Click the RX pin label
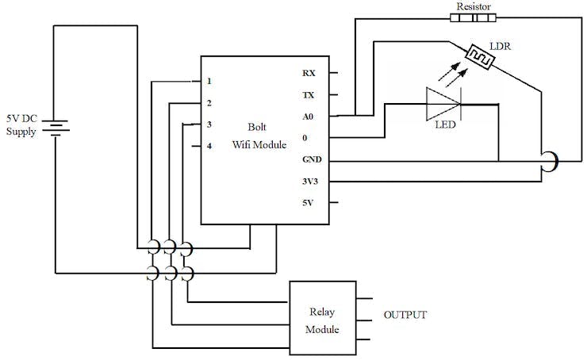309,73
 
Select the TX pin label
309,94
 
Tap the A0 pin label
309,116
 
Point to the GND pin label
311,159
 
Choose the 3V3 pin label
311,181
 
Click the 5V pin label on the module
309,202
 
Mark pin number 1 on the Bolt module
209,81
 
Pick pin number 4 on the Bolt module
209,146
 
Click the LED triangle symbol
443,103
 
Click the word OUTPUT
405,315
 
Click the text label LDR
501,47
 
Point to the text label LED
444,124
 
